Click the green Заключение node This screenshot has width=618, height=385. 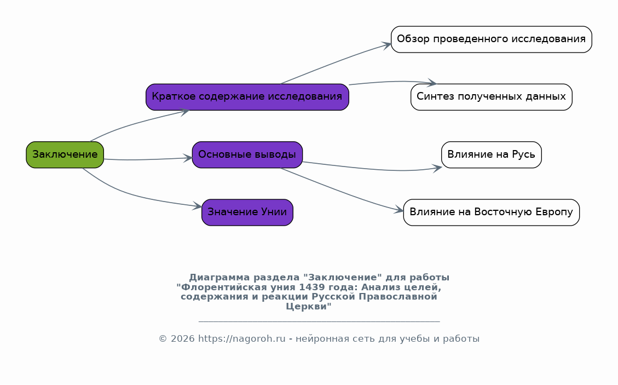(x=65, y=154)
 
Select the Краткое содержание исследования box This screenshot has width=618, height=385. (x=247, y=97)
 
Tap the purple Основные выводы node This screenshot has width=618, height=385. (x=247, y=154)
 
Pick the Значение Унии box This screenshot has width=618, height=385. (x=247, y=212)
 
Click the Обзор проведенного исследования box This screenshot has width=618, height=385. (x=492, y=39)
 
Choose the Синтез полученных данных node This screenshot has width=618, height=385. (x=492, y=97)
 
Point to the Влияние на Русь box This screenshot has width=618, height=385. (x=492, y=154)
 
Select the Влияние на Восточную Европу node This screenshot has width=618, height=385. (x=492, y=212)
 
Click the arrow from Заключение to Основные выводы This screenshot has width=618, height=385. (x=148, y=159)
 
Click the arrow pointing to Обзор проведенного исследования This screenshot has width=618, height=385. (x=335, y=62)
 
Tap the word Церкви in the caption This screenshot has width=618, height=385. (x=309, y=307)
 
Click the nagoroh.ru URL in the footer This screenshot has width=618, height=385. (x=241, y=339)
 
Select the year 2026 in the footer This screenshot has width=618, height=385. (x=182, y=339)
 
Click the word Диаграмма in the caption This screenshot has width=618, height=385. (x=219, y=278)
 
